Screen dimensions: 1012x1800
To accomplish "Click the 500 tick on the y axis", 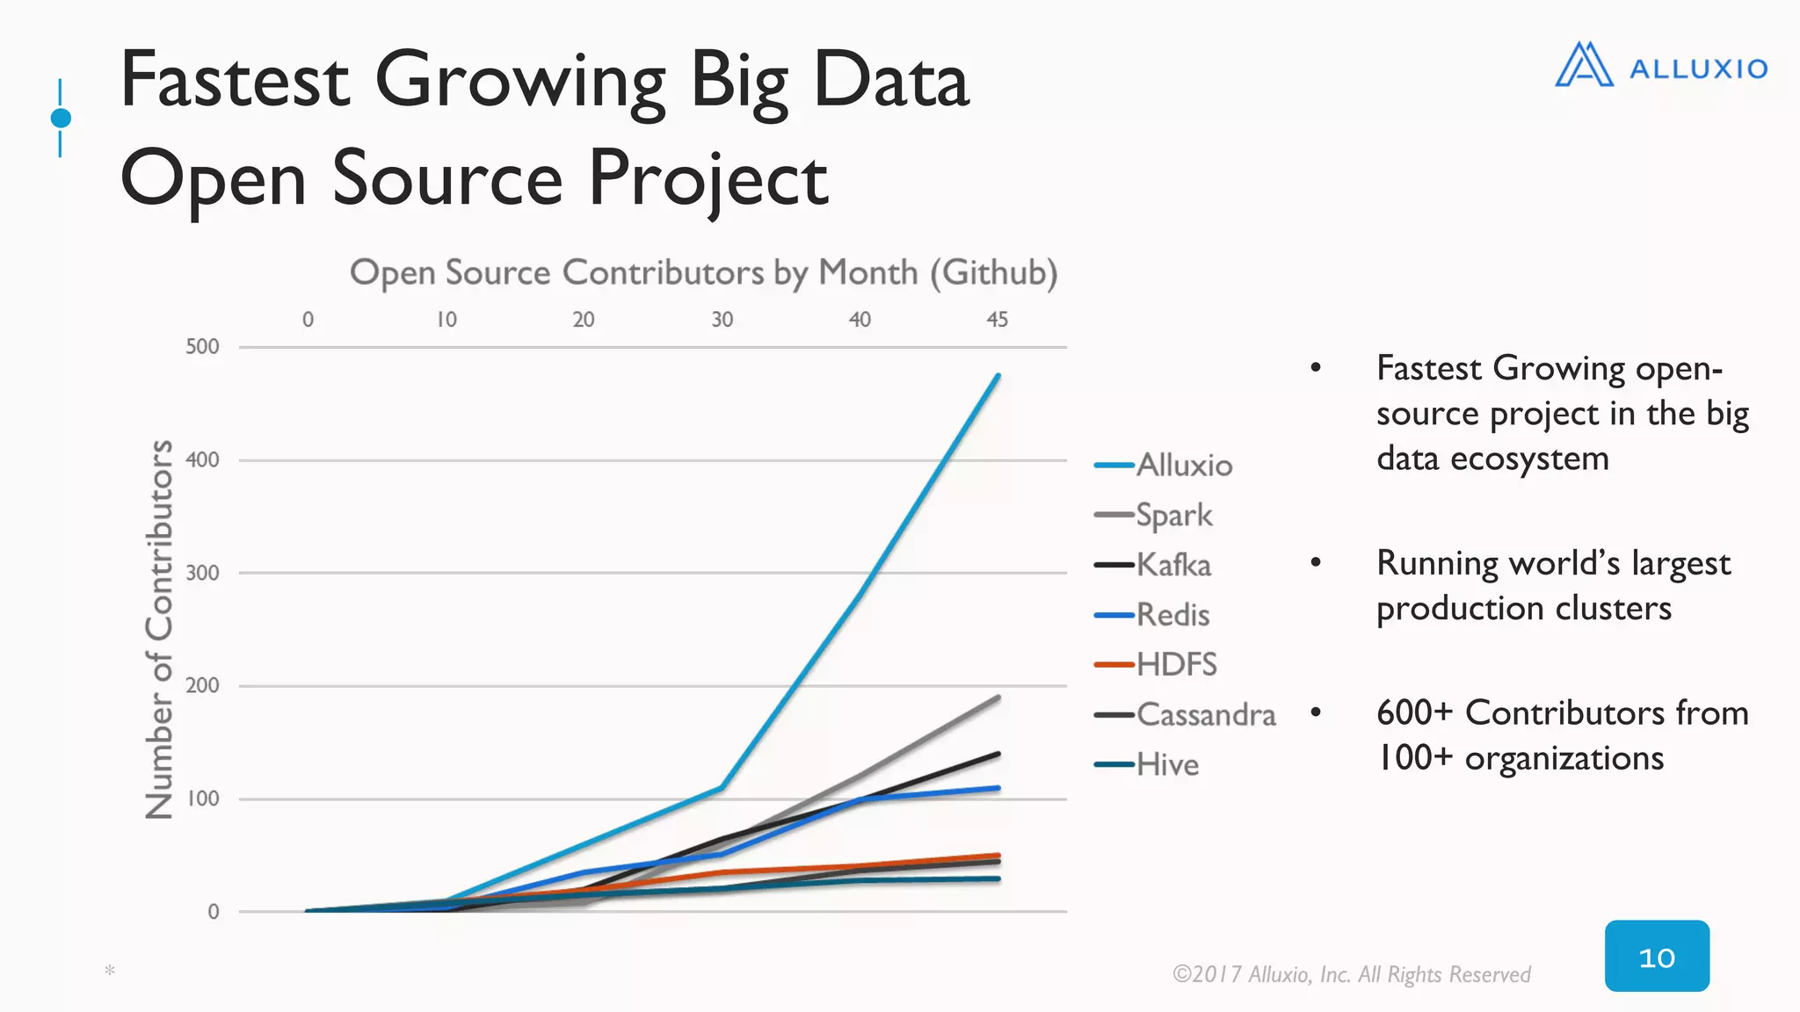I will (x=202, y=346).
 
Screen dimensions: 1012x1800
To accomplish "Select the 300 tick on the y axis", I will (x=202, y=573).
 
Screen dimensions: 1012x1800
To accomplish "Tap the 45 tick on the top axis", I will (x=997, y=320).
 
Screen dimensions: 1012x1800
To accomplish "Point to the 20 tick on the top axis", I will (x=584, y=320).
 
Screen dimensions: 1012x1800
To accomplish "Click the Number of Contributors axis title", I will (x=159, y=629).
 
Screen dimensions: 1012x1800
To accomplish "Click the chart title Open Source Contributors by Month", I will (x=703, y=272).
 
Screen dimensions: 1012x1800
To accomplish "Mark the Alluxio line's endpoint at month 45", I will (x=998, y=376).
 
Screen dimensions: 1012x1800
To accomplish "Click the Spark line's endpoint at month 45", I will (x=998, y=698).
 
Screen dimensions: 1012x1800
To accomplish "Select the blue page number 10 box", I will (x=1657, y=957).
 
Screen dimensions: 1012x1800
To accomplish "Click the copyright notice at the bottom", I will (x=1351, y=974).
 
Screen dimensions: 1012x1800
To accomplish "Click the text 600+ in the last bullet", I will (x=1414, y=712).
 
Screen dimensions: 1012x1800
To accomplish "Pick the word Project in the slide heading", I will (x=708, y=178).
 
